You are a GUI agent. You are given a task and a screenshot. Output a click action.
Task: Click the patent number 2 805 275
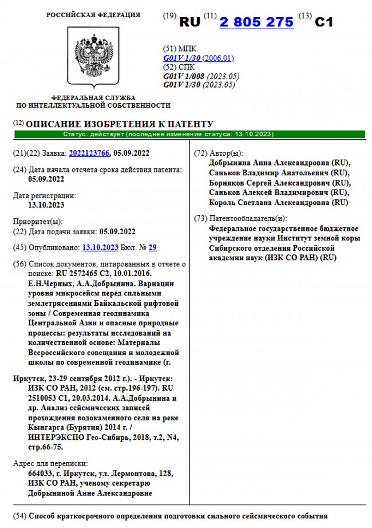(256, 22)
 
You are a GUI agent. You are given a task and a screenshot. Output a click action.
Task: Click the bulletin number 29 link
(152, 247)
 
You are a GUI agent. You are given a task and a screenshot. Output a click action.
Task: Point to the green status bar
(189, 134)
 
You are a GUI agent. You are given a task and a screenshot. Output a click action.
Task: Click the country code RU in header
(190, 22)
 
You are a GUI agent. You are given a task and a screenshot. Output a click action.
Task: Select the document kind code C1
(324, 22)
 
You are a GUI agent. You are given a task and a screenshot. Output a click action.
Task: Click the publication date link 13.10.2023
(100, 247)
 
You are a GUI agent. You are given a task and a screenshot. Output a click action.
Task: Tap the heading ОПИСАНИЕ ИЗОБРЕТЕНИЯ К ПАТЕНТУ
(120, 124)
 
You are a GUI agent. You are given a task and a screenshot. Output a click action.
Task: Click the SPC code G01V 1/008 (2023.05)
(201, 76)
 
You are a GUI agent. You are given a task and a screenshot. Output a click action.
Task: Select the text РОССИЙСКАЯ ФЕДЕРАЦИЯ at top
(93, 15)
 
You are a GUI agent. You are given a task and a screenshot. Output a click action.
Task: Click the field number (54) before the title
(20, 515)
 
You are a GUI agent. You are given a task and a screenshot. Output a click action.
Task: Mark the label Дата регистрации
(43, 196)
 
